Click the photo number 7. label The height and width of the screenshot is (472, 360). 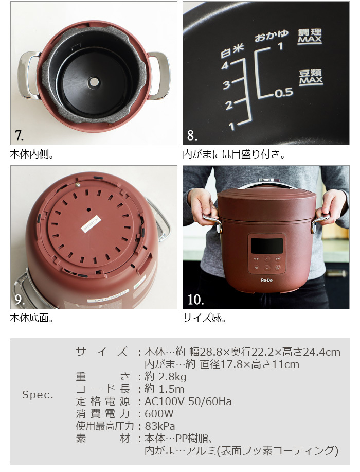(x=19, y=135)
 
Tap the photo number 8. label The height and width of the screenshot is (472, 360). (x=192, y=135)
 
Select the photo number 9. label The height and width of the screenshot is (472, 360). (x=19, y=300)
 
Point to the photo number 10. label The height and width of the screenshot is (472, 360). (x=195, y=300)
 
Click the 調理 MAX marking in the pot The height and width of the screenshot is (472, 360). (x=310, y=37)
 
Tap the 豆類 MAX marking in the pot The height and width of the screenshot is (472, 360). (x=311, y=77)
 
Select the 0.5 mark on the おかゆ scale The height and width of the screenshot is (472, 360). (x=283, y=93)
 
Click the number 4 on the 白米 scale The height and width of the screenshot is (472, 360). (x=225, y=65)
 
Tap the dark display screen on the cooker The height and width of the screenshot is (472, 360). (x=266, y=246)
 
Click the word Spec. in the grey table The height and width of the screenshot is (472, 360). (x=38, y=395)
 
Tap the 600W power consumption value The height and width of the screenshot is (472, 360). (x=159, y=414)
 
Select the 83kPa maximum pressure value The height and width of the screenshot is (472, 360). (x=160, y=426)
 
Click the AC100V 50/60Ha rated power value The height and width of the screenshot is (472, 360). (x=188, y=401)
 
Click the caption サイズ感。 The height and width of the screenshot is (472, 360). (x=205, y=318)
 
